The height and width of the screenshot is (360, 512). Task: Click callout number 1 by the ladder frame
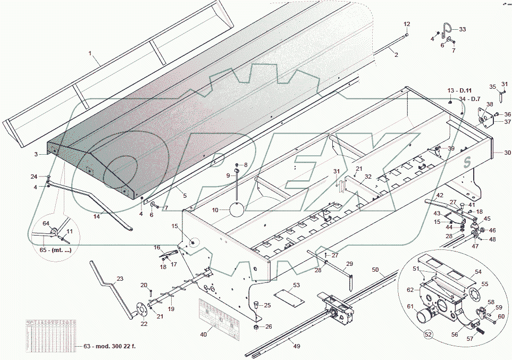90,54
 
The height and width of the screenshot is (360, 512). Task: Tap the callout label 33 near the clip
462,29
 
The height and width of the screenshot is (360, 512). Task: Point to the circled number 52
427,336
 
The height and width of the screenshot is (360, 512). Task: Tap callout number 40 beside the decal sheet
204,334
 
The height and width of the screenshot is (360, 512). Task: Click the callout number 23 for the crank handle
120,279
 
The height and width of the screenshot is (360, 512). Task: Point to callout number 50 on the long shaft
375,271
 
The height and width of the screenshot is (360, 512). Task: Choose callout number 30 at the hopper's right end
507,153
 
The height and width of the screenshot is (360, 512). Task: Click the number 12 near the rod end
407,24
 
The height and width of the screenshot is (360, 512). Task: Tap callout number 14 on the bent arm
96,217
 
